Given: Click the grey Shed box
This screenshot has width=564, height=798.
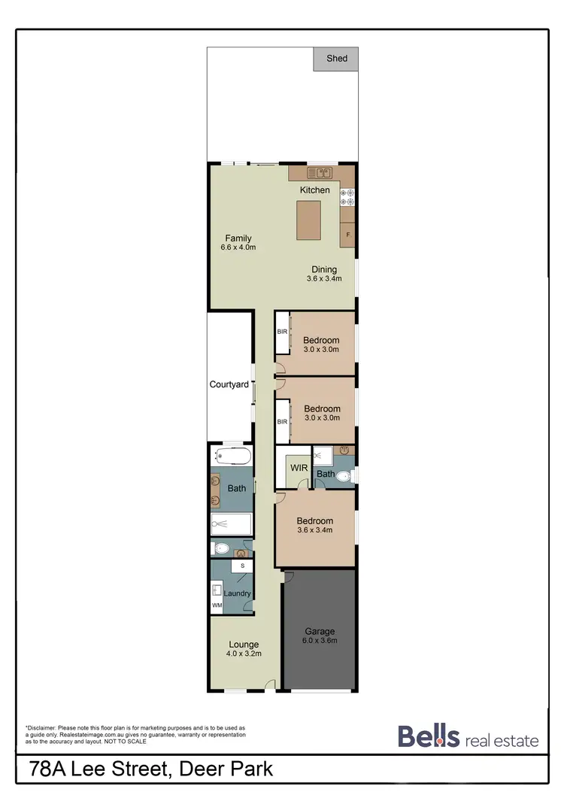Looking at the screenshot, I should (x=336, y=59).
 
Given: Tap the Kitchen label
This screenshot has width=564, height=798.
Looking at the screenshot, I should (x=314, y=190).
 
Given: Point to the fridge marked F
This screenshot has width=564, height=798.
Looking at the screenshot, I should (x=348, y=235).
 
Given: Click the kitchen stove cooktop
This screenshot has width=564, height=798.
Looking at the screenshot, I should (x=347, y=197).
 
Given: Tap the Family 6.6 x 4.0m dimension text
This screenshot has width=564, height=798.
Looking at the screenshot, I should (x=238, y=247).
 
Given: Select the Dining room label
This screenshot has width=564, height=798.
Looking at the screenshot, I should (x=324, y=269).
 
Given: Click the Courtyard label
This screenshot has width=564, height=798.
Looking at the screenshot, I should (x=229, y=384).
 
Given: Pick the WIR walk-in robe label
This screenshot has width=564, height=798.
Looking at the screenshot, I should (x=299, y=468).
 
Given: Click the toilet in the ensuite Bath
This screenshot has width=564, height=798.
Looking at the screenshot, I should (x=343, y=475).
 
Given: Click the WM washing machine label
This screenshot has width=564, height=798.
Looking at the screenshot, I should (x=217, y=605).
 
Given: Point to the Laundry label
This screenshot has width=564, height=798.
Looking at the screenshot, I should (x=237, y=593).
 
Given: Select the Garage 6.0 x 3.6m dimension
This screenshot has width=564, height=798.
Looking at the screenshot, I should (x=320, y=641).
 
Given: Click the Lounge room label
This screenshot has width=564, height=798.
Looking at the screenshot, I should (x=243, y=645).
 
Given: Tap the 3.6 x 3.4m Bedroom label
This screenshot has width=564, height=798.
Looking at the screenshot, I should (x=314, y=525).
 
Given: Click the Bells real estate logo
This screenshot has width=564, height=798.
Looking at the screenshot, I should (x=468, y=737).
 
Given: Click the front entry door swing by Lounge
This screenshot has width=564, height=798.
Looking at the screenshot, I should (x=269, y=684).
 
